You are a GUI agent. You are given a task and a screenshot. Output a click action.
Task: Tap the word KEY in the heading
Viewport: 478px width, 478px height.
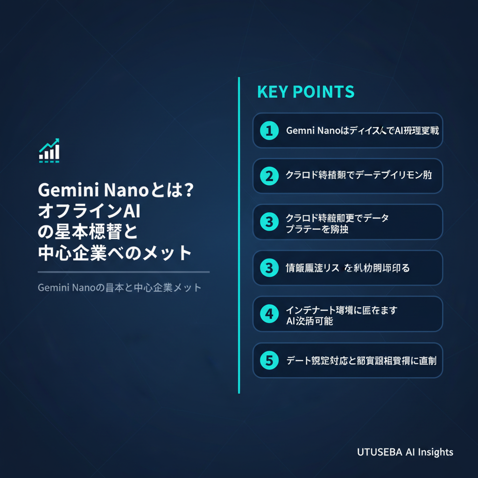(272, 92)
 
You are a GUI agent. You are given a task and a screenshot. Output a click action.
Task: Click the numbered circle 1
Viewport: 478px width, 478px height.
(269, 131)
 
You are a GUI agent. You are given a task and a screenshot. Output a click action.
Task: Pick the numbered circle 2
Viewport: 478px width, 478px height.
(269, 176)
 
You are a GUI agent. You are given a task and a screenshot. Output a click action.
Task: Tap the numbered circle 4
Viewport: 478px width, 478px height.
(269, 314)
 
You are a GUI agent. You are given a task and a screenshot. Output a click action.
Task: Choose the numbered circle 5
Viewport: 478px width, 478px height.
(269, 360)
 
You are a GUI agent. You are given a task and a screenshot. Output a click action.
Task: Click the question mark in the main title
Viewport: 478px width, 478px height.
(188, 190)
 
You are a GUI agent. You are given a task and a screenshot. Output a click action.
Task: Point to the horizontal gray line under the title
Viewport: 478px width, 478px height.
(123, 272)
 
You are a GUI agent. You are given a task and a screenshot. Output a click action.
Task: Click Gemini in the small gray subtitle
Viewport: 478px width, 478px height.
(53, 287)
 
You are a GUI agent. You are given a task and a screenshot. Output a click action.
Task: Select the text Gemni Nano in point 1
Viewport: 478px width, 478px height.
(312, 131)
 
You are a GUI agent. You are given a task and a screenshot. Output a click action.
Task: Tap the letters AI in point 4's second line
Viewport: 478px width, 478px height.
(290, 321)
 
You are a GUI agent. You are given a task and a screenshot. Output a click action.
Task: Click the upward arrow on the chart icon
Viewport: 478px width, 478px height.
(55, 142)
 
